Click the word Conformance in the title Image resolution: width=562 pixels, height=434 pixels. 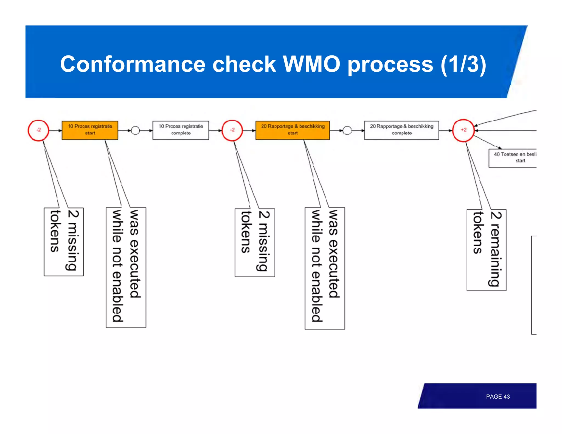pyautogui.click(x=133, y=64)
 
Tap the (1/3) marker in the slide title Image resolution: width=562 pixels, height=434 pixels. pyautogui.click(x=463, y=64)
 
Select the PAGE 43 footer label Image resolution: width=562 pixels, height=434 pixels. pyautogui.click(x=498, y=396)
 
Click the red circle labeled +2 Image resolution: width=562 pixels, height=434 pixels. pyautogui.click(x=463, y=130)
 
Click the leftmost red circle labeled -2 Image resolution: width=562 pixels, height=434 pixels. pyautogui.click(x=38, y=130)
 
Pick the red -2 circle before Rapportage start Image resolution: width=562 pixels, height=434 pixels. pyautogui.click(x=232, y=130)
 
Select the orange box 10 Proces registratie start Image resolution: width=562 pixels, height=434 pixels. pyautogui.click(x=90, y=130)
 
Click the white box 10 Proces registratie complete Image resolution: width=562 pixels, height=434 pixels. pyautogui.click(x=181, y=130)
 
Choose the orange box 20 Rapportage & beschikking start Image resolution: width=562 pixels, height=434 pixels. pyautogui.click(x=293, y=130)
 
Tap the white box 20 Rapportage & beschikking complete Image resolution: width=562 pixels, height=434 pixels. pyautogui.click(x=401, y=130)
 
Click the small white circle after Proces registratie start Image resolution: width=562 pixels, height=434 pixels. pyautogui.click(x=135, y=130)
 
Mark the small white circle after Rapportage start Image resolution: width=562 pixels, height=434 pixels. pyautogui.click(x=347, y=130)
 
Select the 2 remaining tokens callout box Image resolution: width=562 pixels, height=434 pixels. pyautogui.click(x=486, y=250)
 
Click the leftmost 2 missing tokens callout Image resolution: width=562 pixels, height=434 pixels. pyautogui.click(x=64, y=241)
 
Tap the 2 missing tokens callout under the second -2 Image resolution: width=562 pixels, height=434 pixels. pyautogui.click(x=254, y=242)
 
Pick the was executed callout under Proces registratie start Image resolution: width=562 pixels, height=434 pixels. pyautogui.click(x=126, y=267)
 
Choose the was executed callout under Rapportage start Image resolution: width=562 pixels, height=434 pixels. pyautogui.click(x=325, y=268)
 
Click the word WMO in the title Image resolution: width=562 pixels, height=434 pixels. pyautogui.click(x=311, y=64)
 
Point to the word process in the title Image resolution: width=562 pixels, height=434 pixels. pyautogui.click(x=390, y=64)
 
